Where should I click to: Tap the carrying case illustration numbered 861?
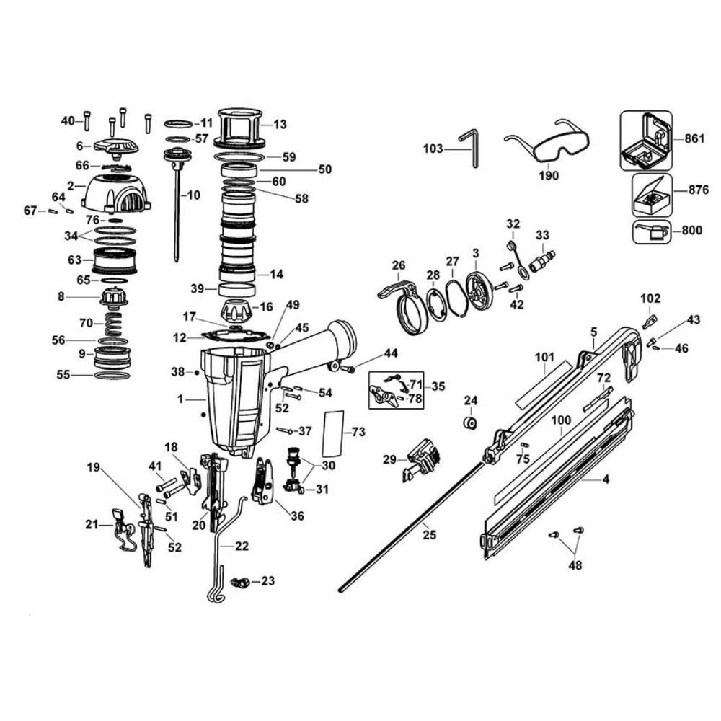tap(645, 140)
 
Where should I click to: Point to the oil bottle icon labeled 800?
tap(650, 231)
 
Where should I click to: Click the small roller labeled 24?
tap(470, 421)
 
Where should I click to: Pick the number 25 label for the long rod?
tap(429, 534)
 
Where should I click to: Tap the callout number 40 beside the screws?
tap(67, 120)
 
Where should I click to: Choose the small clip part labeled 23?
tap(239, 580)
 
